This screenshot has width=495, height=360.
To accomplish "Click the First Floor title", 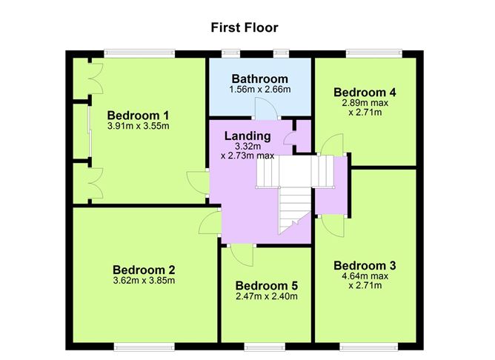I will [x=245, y=27].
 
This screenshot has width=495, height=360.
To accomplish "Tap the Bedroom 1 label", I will [x=139, y=116].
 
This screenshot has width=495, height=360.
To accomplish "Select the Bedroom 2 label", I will [x=144, y=270].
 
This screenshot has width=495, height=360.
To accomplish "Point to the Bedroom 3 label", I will [x=365, y=266].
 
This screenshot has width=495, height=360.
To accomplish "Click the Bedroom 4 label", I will [x=365, y=93].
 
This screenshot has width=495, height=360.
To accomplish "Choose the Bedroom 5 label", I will [x=266, y=286].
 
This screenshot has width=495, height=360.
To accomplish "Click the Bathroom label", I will [x=259, y=79].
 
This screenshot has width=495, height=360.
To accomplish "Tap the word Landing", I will [x=247, y=136].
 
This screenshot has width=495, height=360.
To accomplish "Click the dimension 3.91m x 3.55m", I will [x=139, y=126].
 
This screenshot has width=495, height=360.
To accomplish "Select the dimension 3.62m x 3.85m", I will [x=144, y=281].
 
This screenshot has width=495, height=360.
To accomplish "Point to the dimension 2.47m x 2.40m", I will [x=266, y=297].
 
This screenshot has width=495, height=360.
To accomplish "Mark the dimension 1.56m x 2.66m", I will [x=259, y=90].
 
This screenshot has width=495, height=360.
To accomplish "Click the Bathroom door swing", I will [x=265, y=109].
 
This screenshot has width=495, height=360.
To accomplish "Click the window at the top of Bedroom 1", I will [x=139, y=53].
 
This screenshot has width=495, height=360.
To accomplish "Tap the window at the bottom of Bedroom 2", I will [x=144, y=345].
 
